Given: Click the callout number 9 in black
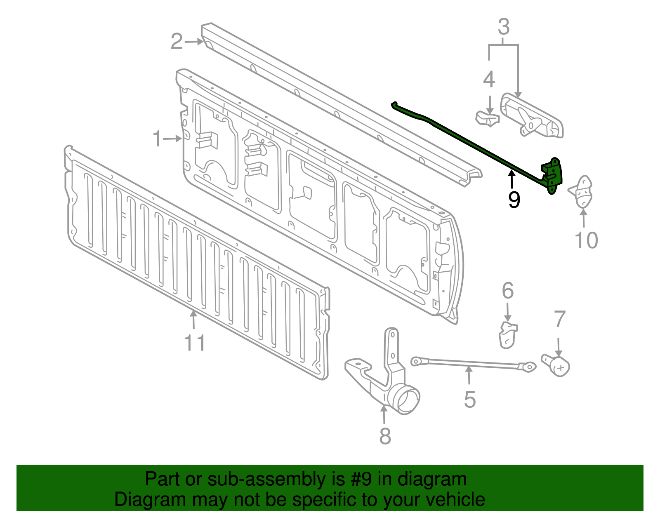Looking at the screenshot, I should pyautogui.click(x=514, y=200).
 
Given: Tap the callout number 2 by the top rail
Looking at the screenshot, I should pyautogui.click(x=177, y=42).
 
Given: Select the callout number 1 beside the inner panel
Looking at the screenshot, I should pyautogui.click(x=157, y=139).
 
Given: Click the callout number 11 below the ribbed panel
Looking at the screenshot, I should pyautogui.click(x=194, y=343).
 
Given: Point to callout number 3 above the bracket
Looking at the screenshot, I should pyautogui.click(x=504, y=27).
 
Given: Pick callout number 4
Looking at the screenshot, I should pyautogui.click(x=489, y=80).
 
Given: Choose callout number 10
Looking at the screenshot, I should pyautogui.click(x=586, y=240).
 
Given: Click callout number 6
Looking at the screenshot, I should pyautogui.click(x=508, y=291).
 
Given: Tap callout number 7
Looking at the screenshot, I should pyautogui.click(x=559, y=320).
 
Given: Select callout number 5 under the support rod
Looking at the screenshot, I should pyautogui.click(x=470, y=400).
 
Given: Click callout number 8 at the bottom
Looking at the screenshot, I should pyautogui.click(x=385, y=436).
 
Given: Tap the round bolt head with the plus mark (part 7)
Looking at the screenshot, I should pyautogui.click(x=560, y=366).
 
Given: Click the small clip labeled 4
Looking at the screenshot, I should pyautogui.click(x=487, y=118).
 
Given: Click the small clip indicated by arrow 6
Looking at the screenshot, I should pyautogui.click(x=508, y=335).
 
